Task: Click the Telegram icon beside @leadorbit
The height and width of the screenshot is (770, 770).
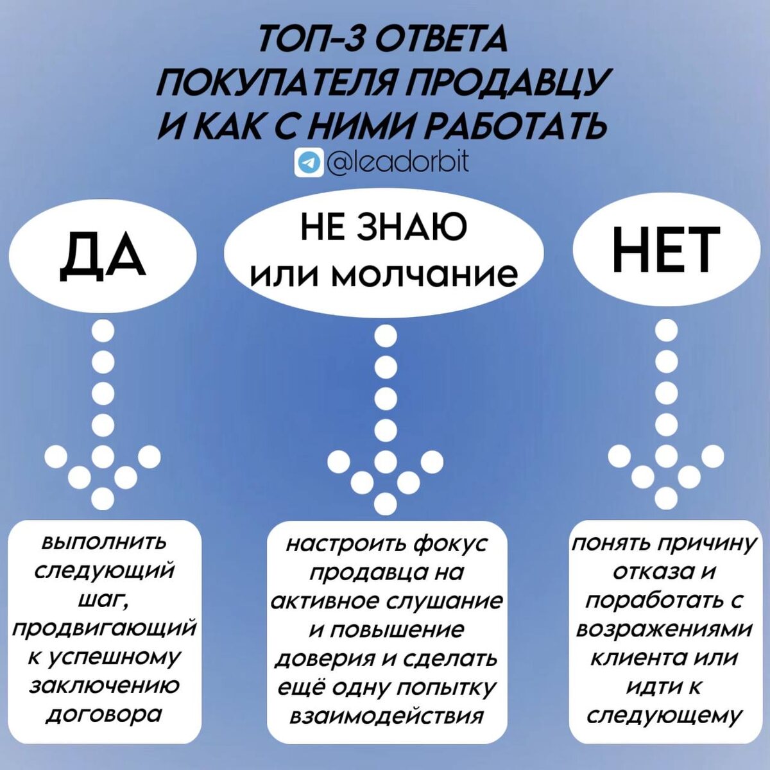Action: tap(309, 162)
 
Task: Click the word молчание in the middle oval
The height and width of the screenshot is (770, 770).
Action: tap(427, 275)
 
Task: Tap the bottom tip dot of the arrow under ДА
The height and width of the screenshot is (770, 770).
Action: tap(103, 499)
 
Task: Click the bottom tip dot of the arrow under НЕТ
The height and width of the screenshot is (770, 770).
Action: tap(667, 498)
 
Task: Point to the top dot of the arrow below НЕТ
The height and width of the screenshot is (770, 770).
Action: tap(667, 330)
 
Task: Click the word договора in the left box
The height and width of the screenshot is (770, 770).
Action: tap(105, 714)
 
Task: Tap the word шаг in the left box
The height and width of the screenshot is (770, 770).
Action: tap(103, 600)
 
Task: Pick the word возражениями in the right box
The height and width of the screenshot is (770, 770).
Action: tap(663, 629)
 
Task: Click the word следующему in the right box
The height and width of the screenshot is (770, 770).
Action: tap(665, 715)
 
